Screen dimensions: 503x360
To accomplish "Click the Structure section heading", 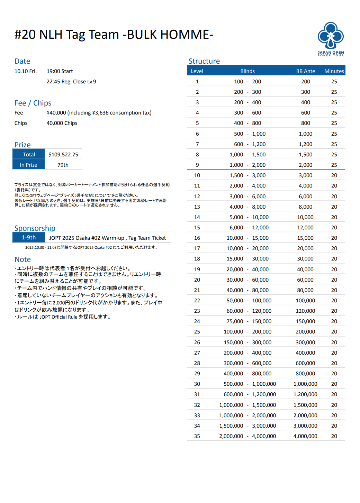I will (204, 61).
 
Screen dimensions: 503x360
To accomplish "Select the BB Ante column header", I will (305, 71).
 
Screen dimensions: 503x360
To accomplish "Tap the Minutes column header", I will (334, 71).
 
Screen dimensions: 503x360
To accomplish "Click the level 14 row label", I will (197, 217).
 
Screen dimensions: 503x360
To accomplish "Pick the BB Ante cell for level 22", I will (305, 301).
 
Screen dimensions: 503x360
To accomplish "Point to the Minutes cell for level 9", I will (334, 165).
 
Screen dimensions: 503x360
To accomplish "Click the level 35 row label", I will (197, 436).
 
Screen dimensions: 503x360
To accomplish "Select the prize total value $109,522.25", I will (63, 155).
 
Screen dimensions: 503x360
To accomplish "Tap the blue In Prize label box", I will (29, 165).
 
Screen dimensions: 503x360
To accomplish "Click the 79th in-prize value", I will (63, 165).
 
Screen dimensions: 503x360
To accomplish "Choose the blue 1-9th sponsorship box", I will (29, 237).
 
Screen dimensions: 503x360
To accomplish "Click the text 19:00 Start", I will (60, 71).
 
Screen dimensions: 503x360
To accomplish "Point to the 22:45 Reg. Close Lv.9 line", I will (71, 82).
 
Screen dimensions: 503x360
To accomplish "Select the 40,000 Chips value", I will (62, 123).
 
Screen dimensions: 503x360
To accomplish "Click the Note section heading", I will (22, 259).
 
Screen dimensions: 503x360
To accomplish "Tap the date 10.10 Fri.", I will (25, 71).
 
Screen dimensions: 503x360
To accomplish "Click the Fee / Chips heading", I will (33, 103).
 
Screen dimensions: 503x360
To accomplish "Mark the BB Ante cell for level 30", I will (305, 384).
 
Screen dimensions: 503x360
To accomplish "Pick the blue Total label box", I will (29, 154).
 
